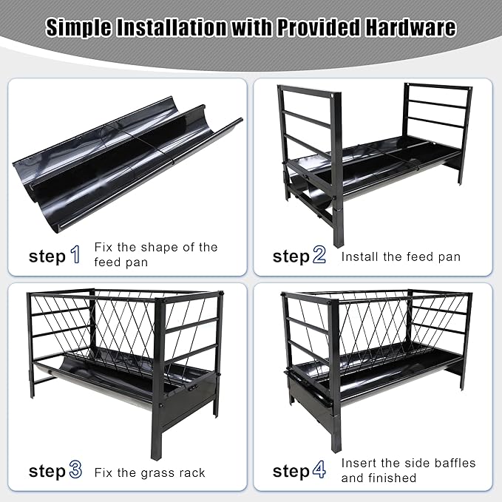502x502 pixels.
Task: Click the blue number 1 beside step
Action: coord(75,256)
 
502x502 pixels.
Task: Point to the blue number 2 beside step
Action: coord(319,256)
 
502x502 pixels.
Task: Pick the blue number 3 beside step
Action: coord(75,471)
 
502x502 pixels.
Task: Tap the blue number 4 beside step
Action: coord(319,471)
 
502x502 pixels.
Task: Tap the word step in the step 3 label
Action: coord(47,472)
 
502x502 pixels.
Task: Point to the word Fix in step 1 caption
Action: coord(104,247)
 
